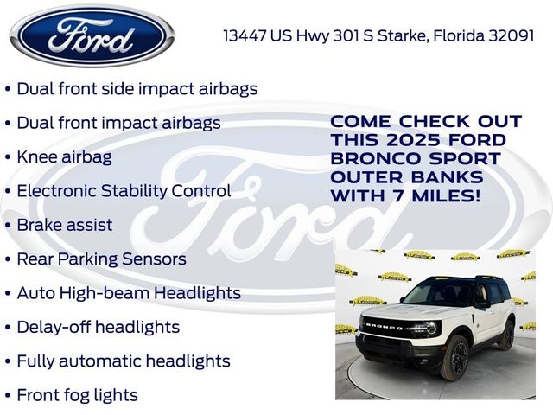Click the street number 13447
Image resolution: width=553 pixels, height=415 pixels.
[x=245, y=35]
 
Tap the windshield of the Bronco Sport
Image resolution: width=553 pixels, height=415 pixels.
[x=430, y=295]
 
